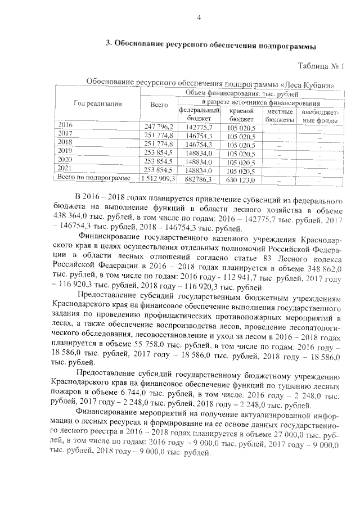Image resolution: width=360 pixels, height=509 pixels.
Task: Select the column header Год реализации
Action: click(x=97, y=103)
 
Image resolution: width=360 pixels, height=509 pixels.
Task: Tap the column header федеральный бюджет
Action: click(x=195, y=115)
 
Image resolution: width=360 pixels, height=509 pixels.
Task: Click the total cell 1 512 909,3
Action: click(x=157, y=179)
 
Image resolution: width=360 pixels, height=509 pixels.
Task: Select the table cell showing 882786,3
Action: click(x=195, y=179)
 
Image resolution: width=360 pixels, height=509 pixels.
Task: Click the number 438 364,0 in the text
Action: click(x=73, y=222)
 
